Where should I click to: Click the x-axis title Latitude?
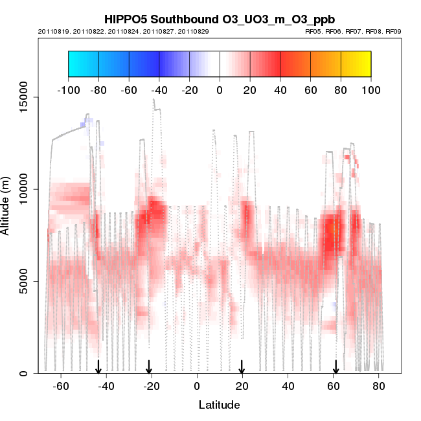coord(218,405)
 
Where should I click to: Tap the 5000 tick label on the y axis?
coord(25,281)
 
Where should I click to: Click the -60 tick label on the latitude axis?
coord(61,387)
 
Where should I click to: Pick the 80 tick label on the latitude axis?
coord(379,387)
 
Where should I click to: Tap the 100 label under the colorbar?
coord(371,90)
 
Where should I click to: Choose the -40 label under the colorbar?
coord(159,90)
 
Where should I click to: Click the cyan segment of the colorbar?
coord(83,63)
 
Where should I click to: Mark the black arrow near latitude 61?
coord(336,367)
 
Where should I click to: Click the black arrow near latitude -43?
coord(98,367)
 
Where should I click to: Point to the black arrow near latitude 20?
coord(242,367)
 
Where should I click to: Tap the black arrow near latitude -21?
coord(149,367)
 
